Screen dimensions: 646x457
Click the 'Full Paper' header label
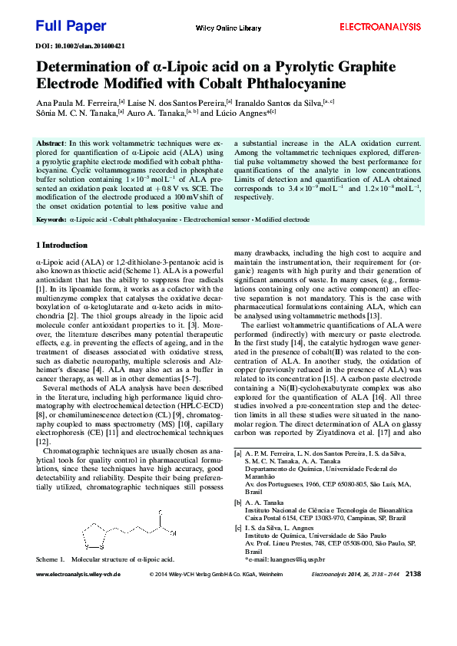(x=71, y=26)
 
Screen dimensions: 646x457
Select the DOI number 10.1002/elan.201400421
(x=91, y=46)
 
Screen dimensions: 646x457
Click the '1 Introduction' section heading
(x=62, y=246)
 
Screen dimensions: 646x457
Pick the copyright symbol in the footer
(x=151, y=574)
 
